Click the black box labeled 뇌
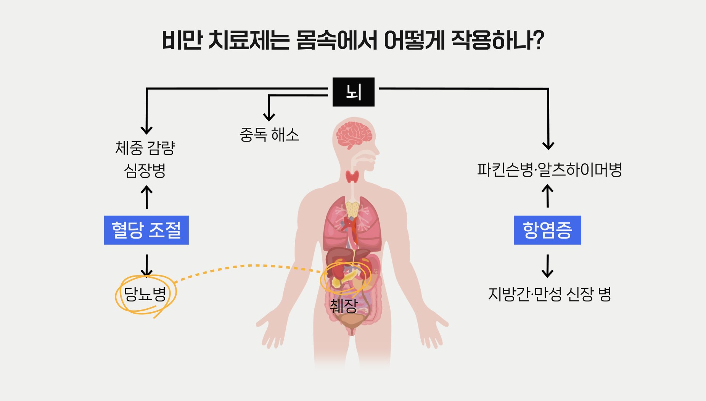(x=353, y=92)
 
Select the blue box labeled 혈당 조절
(x=146, y=230)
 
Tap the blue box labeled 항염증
(x=547, y=230)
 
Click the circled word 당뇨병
(x=145, y=294)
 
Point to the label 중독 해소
(x=269, y=135)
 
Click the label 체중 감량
(x=145, y=148)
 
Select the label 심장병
(x=145, y=170)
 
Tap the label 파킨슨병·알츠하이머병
(x=549, y=170)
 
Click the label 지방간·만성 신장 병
(x=550, y=294)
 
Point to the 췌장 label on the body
(x=344, y=306)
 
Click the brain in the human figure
(x=354, y=135)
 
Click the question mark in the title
(x=538, y=40)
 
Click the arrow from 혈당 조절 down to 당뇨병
(x=146, y=265)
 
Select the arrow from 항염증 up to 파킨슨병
(x=548, y=196)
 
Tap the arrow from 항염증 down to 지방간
(x=548, y=266)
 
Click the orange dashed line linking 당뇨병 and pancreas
(x=248, y=266)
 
